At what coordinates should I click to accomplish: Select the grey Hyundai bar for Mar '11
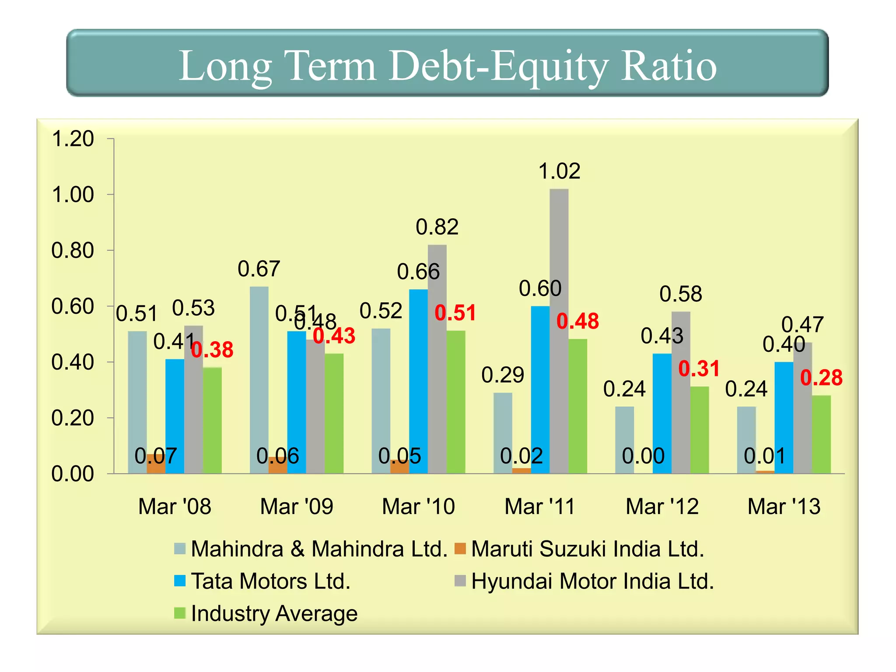click(559, 332)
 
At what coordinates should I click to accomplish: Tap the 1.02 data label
click(559, 171)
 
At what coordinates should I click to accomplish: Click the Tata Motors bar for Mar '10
click(418, 381)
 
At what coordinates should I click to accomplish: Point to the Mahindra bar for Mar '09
click(259, 381)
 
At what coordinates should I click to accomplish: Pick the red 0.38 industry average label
click(213, 350)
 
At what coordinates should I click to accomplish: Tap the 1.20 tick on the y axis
click(73, 139)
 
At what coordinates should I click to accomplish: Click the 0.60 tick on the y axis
click(73, 307)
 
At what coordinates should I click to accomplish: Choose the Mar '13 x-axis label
click(784, 507)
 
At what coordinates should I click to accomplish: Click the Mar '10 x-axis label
click(418, 507)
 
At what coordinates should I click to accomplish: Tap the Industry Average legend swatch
click(180, 613)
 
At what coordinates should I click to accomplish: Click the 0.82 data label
click(437, 227)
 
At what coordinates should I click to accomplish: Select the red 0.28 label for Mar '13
click(821, 378)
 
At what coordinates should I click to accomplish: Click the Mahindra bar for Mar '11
click(503, 433)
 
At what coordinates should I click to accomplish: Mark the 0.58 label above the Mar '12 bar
click(680, 294)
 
